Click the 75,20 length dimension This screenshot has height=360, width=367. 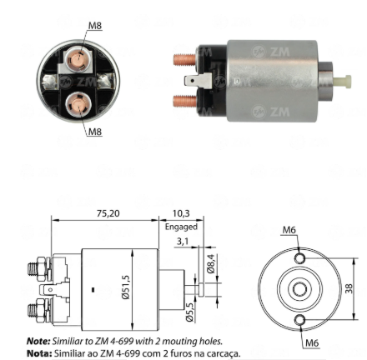(108, 213)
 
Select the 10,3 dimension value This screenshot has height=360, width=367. (181, 213)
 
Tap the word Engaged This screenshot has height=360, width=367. (181, 227)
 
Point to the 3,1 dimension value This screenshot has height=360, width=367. (183, 241)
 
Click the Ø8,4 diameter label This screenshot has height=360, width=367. (211, 263)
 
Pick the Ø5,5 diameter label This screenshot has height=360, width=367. (189, 312)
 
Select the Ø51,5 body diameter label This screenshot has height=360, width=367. (126, 287)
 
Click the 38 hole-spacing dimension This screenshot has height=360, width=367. (349, 288)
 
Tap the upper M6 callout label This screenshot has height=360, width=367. (289, 230)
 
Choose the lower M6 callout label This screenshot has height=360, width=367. (312, 343)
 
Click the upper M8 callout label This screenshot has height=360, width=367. (95, 26)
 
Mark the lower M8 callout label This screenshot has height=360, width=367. (95, 132)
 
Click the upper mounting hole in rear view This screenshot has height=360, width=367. (299, 258)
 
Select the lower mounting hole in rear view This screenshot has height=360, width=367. (299, 320)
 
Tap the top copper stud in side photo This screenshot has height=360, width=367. (185, 60)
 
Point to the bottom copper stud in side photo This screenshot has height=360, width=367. (185, 101)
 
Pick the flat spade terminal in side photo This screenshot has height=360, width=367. (198, 81)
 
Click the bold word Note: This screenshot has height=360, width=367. (38, 341)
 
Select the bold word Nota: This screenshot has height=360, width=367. (39, 353)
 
